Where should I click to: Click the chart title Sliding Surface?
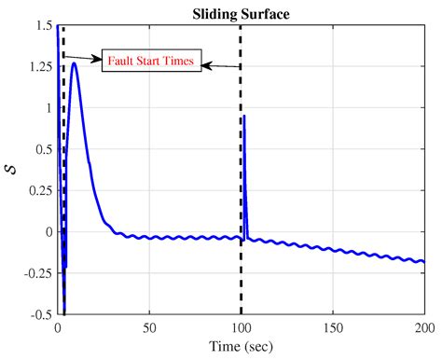point(242,14)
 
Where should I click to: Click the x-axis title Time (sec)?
point(242,349)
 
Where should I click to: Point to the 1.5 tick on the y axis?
point(44,26)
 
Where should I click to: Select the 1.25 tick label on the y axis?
point(39,67)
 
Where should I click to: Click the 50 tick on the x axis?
point(149,328)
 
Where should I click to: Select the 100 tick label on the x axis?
point(241,328)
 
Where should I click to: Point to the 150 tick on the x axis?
point(332,328)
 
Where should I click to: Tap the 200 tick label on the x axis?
point(423,328)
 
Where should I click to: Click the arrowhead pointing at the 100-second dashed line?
point(207,65)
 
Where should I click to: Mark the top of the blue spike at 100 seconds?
point(243,117)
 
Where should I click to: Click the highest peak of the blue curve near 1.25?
point(74,64)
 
